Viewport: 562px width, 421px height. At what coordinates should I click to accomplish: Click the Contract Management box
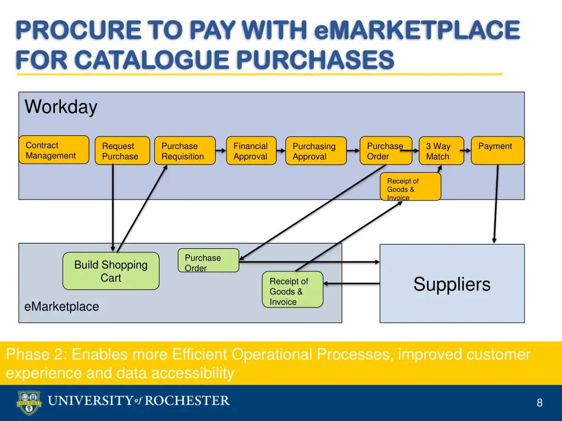point(54,150)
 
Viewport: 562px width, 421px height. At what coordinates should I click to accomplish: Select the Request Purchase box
point(122,151)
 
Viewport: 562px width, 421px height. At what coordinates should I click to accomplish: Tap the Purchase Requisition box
point(184,151)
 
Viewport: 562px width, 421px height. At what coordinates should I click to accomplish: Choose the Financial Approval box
point(251,151)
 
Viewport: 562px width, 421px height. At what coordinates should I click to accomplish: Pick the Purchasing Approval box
point(316,151)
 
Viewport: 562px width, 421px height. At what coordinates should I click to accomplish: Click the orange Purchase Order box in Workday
point(385,150)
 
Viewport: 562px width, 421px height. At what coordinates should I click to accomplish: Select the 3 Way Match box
point(441,151)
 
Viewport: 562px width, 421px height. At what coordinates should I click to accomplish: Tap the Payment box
point(497,150)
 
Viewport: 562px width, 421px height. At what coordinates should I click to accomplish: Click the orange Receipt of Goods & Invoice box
point(411,187)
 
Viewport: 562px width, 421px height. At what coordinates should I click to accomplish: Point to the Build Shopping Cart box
point(111,271)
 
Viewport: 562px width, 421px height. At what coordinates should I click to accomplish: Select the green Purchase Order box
point(208,260)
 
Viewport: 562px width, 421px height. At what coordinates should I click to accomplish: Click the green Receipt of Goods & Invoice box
point(292,289)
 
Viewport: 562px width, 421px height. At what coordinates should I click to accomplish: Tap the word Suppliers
point(452,284)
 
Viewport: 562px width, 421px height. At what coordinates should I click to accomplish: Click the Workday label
point(61,107)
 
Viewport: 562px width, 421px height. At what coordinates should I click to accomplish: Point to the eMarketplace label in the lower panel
point(61,307)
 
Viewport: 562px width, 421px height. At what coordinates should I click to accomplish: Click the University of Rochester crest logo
point(28,402)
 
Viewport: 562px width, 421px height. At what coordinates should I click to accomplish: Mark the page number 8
point(539,403)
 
